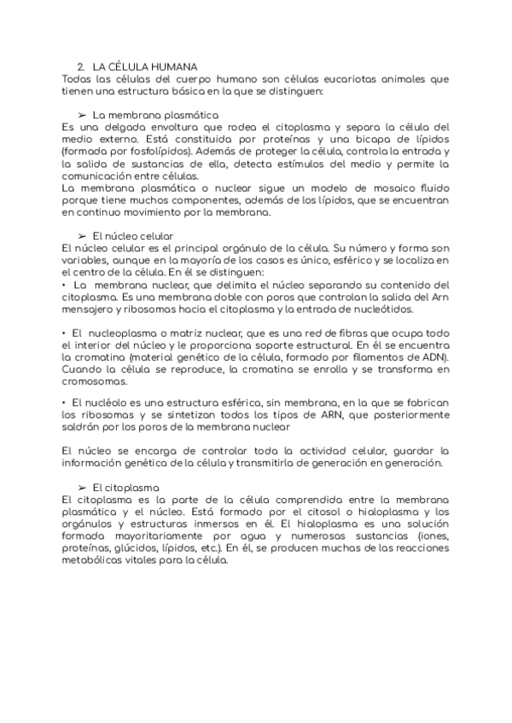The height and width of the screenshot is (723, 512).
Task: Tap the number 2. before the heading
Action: (x=80, y=67)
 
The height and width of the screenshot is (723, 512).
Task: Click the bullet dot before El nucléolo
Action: (x=65, y=402)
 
